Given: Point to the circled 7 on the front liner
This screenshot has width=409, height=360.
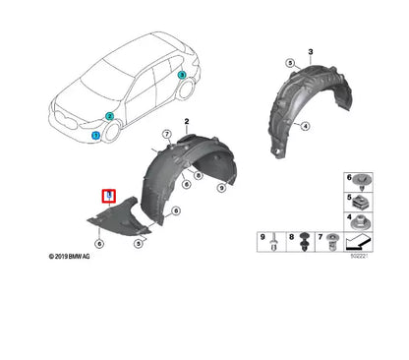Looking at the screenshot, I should (x=166, y=135).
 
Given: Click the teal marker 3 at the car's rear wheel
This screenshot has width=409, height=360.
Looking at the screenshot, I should (x=182, y=74).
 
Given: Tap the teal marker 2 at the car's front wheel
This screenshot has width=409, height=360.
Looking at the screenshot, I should (x=110, y=116).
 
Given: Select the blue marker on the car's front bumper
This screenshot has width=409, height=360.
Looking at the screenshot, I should (x=95, y=135).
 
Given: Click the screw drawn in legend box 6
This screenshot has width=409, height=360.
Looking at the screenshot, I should (x=366, y=178).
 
